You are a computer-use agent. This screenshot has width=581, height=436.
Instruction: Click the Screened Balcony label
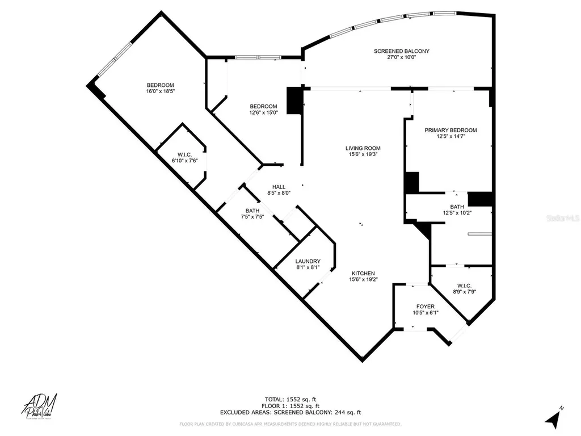point(401,51)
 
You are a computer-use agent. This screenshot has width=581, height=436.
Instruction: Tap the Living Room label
point(362,148)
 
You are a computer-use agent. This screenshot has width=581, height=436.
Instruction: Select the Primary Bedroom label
point(451,130)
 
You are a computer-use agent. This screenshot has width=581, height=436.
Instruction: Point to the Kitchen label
point(362,273)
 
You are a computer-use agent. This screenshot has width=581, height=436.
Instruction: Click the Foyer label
point(425,307)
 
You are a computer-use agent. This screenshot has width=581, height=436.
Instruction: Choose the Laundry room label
point(308,261)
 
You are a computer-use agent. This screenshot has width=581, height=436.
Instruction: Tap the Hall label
point(279,186)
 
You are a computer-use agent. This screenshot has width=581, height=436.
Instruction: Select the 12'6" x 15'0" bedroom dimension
point(264,112)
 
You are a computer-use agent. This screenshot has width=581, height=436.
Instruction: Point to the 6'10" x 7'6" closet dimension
point(184,161)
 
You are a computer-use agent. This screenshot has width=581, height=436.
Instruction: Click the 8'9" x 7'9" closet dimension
point(464,292)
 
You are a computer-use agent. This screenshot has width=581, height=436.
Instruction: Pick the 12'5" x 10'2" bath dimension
point(457,213)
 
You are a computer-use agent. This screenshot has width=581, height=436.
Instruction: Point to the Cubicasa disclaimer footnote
point(290,424)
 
